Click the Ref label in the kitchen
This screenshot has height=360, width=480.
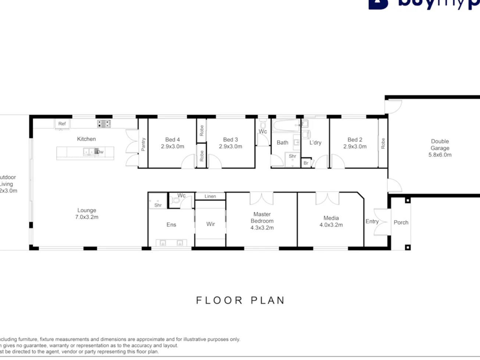pos(62,124)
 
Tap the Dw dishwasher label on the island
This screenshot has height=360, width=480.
pos(100,152)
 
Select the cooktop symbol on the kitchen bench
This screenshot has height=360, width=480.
pos(104,124)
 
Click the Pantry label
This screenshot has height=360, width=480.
pos(143,145)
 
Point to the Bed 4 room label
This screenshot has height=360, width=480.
pos(173,139)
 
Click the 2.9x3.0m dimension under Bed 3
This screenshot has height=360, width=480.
pos(230,146)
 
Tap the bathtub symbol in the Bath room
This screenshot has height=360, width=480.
pos(286,126)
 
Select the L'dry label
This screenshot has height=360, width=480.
pos(315,142)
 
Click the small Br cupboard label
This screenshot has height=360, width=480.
pos(306,163)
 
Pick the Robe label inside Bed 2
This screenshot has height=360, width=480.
pos(383,143)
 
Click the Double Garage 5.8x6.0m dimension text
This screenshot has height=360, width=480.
pos(440,155)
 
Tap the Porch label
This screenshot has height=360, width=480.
pos(401,222)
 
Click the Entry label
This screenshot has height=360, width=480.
pos(372,221)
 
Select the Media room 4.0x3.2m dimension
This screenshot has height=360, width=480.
pos(331,225)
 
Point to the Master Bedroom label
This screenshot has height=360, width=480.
pos(262,217)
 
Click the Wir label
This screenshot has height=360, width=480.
pos(210,224)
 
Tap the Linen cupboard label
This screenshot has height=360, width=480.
pos(210,196)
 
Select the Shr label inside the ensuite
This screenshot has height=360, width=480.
pos(158,205)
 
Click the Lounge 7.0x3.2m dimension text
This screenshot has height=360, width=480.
pos(87,217)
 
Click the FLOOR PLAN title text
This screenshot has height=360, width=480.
pos(240,300)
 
